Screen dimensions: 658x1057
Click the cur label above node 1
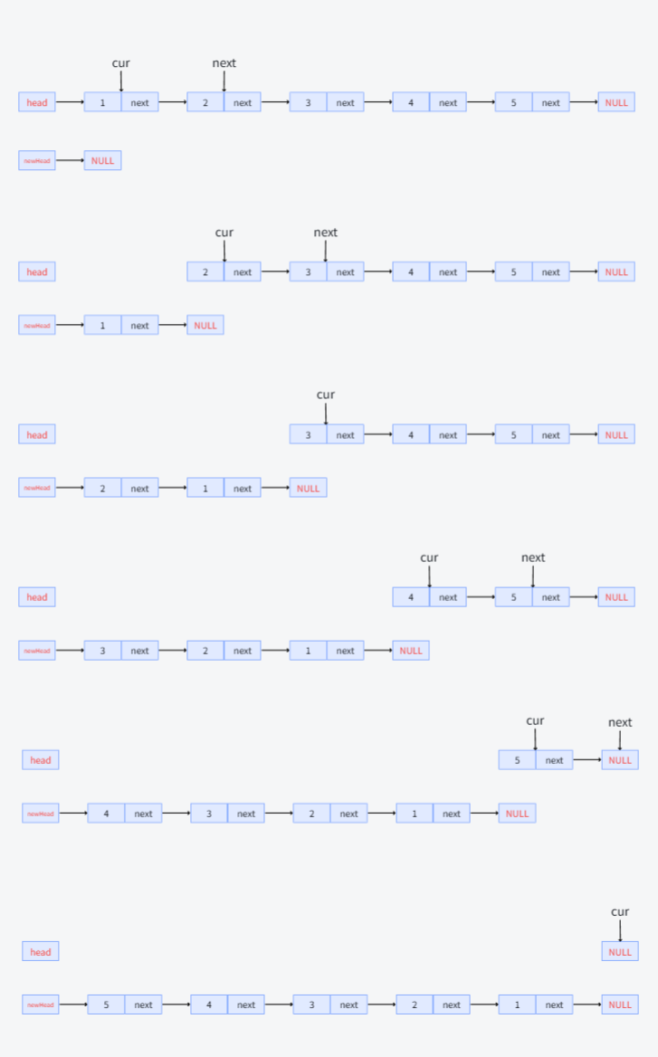120,63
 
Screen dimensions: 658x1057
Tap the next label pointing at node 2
224,63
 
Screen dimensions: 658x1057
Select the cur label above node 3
326,395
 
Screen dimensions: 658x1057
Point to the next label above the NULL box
620,723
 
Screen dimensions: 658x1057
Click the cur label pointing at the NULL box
620,912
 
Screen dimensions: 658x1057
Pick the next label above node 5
532,557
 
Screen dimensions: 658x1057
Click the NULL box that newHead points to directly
102,160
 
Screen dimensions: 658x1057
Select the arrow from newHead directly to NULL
70,160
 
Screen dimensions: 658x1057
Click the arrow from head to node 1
70,102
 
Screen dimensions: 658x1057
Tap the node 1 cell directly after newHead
102,325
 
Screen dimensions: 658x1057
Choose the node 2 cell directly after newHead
102,488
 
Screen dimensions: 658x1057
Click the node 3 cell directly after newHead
102,651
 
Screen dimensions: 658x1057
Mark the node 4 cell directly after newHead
106,814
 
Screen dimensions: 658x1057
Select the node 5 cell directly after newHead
106,1005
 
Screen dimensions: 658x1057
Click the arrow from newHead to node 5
72,1005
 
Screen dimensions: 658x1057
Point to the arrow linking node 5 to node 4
176,1005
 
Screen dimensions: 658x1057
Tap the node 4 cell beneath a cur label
411,597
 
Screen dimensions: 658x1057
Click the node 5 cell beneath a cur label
517,760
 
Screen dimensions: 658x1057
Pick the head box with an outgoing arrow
37,102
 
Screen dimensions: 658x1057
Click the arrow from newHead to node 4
72,814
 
